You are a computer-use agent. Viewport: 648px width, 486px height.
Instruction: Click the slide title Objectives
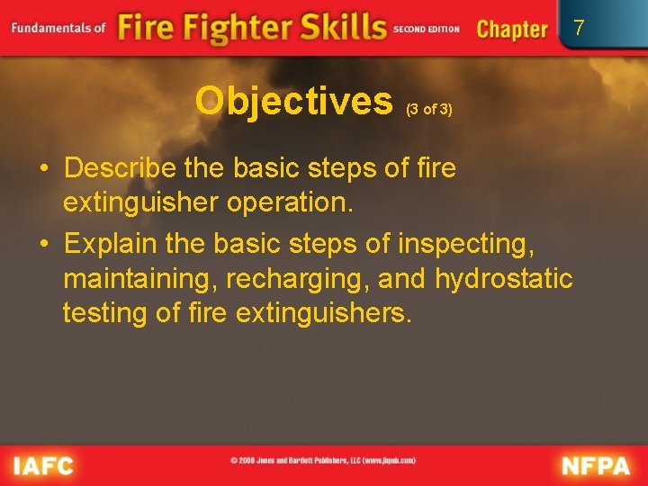pyautogui.click(x=294, y=103)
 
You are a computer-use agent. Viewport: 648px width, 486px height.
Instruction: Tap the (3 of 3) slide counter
pyautogui.click(x=429, y=110)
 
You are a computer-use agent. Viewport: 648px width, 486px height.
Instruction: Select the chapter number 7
pyautogui.click(x=579, y=28)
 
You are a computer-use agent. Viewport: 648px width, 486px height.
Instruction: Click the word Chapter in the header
pyautogui.click(x=512, y=29)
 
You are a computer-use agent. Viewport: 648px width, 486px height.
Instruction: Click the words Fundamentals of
pyautogui.click(x=59, y=28)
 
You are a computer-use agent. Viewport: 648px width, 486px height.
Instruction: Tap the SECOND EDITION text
pyautogui.click(x=427, y=30)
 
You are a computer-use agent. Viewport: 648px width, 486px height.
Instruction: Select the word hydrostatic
pyautogui.click(x=504, y=278)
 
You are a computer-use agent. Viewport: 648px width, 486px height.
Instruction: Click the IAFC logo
pyautogui.click(x=42, y=465)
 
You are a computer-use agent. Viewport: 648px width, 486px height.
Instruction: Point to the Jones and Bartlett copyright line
pyautogui.click(x=323, y=461)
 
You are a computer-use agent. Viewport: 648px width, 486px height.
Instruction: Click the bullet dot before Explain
pyautogui.click(x=43, y=244)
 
